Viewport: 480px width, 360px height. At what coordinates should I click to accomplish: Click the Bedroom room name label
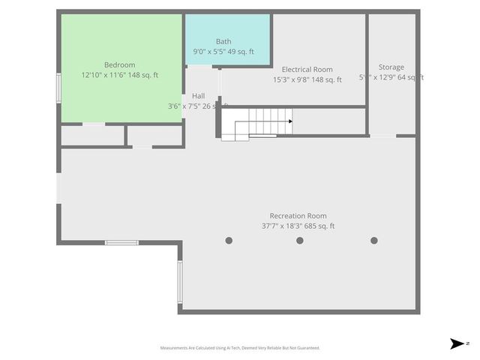click(x=119, y=65)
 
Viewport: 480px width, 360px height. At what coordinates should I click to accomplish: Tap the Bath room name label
click(x=223, y=41)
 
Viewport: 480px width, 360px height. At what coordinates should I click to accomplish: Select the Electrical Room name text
click(x=307, y=70)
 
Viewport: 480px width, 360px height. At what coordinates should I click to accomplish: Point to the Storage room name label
click(x=391, y=67)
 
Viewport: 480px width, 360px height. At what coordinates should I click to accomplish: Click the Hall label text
click(x=198, y=96)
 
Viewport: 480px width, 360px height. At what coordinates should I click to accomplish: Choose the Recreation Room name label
click(x=298, y=215)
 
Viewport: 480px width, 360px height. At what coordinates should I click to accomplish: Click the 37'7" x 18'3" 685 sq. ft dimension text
click(x=298, y=226)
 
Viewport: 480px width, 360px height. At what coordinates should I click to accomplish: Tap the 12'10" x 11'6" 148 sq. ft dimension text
click(x=119, y=76)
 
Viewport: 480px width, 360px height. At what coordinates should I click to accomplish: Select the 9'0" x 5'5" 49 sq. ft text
click(x=223, y=52)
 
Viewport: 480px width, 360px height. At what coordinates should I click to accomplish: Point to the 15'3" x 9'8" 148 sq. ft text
click(x=307, y=79)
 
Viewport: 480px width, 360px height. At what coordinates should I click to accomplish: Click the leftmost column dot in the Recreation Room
click(x=229, y=241)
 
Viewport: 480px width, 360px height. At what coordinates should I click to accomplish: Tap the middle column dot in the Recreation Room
click(x=300, y=241)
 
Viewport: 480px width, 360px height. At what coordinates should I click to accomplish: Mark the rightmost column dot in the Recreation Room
click(x=374, y=241)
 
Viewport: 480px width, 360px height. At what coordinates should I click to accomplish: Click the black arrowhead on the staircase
click(x=289, y=121)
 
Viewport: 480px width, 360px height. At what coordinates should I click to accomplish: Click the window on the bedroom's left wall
click(x=58, y=88)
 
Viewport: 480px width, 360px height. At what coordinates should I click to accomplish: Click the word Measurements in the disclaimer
click(x=175, y=348)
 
